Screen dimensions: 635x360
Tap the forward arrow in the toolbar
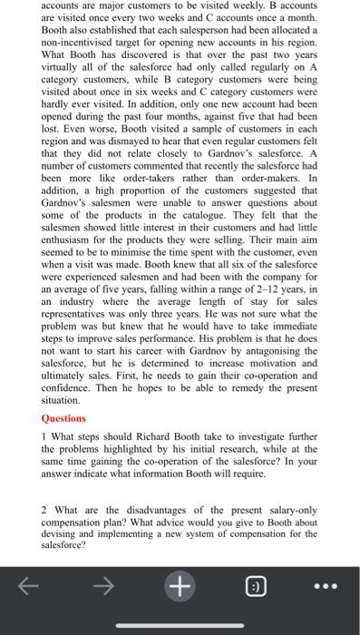(106, 587)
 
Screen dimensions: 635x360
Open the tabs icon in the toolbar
(253, 587)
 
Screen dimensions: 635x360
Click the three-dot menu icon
(326, 587)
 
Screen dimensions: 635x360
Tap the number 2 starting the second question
(44, 510)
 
